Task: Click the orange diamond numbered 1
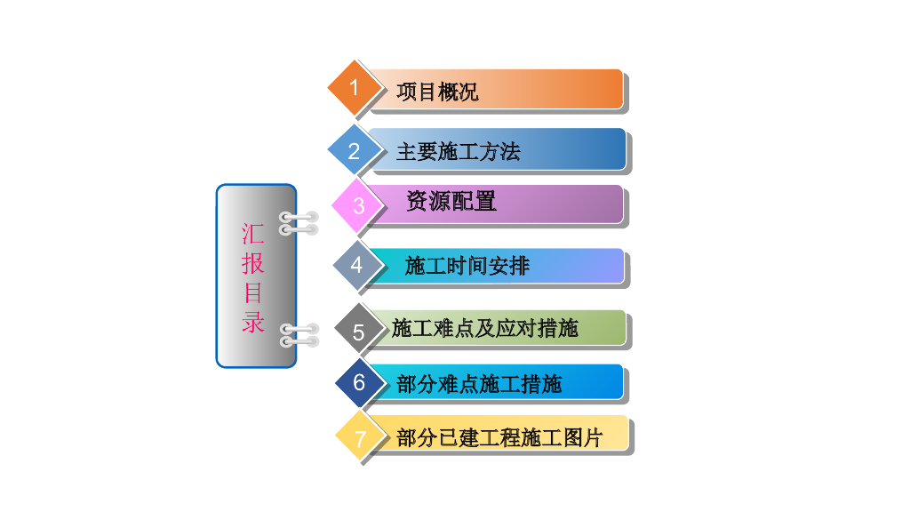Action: pyautogui.click(x=355, y=88)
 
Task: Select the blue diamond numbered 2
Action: pyautogui.click(x=355, y=151)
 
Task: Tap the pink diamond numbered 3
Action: pyautogui.click(x=358, y=206)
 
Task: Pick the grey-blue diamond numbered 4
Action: pyautogui.click(x=357, y=265)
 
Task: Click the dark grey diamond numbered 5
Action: pyautogui.click(x=359, y=332)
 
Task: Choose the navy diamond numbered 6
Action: pyautogui.click(x=359, y=383)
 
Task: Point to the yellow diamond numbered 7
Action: pyautogui.click(x=360, y=438)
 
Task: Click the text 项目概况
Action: pyautogui.click(x=437, y=92)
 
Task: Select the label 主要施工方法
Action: pyautogui.click(x=459, y=152)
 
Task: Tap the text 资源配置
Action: pyautogui.click(x=451, y=202)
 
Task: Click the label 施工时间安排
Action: pyautogui.click(x=467, y=266)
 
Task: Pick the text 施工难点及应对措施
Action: pyautogui.click(x=485, y=329)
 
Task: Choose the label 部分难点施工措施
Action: pyautogui.click(x=480, y=385)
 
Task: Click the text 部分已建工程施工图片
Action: pyautogui.click(x=499, y=438)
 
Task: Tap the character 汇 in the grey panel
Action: pyautogui.click(x=253, y=234)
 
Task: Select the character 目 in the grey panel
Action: pyautogui.click(x=253, y=292)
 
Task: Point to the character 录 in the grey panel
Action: pyautogui.click(x=253, y=321)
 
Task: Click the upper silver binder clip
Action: pyautogui.click(x=298, y=223)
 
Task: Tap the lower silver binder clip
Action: pyautogui.click(x=298, y=335)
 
